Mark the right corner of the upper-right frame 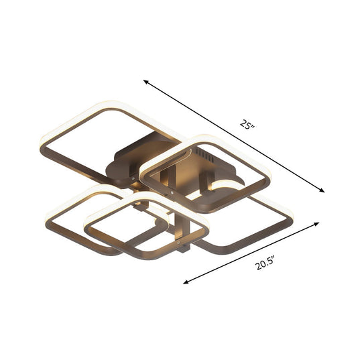[x=270, y=178]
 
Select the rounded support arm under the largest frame [x=124, y=161]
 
